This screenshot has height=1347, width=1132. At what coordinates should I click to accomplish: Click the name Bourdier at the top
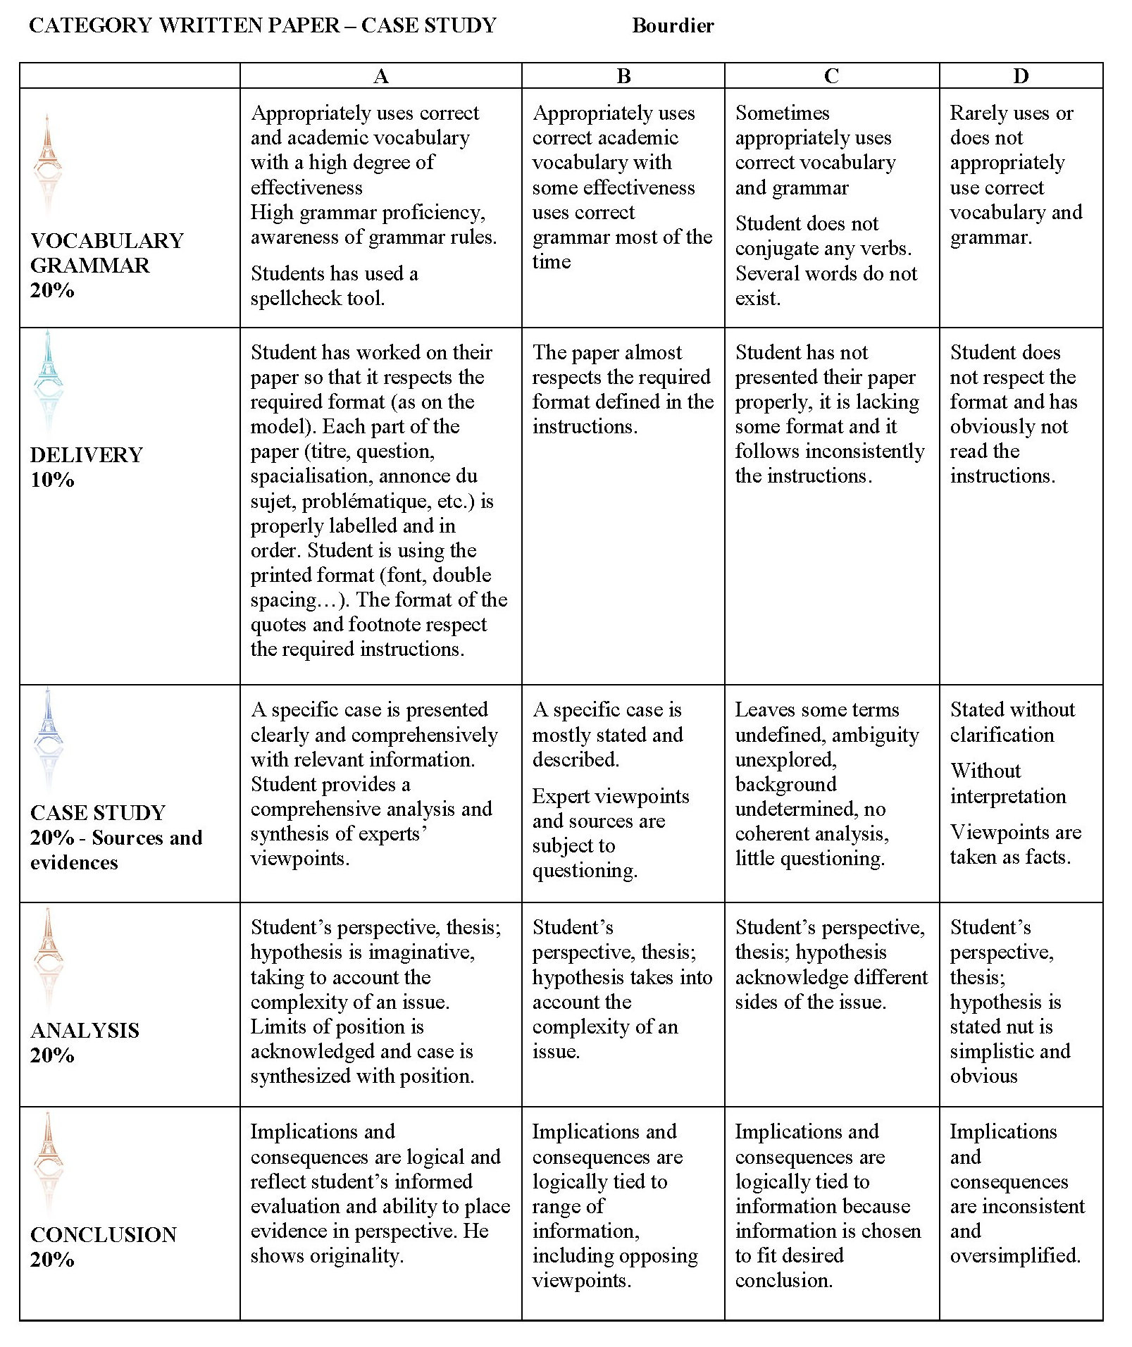click(672, 25)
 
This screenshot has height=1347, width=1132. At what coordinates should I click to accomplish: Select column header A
click(380, 76)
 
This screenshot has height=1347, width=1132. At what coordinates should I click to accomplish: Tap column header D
click(1020, 76)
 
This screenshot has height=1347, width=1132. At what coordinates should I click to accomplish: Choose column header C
click(831, 76)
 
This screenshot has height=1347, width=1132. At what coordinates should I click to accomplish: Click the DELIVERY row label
click(87, 454)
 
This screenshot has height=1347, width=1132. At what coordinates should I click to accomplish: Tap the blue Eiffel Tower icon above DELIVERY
click(48, 378)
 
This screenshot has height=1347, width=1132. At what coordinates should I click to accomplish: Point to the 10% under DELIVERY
click(52, 480)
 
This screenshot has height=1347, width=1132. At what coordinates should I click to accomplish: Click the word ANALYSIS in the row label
click(85, 1031)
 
